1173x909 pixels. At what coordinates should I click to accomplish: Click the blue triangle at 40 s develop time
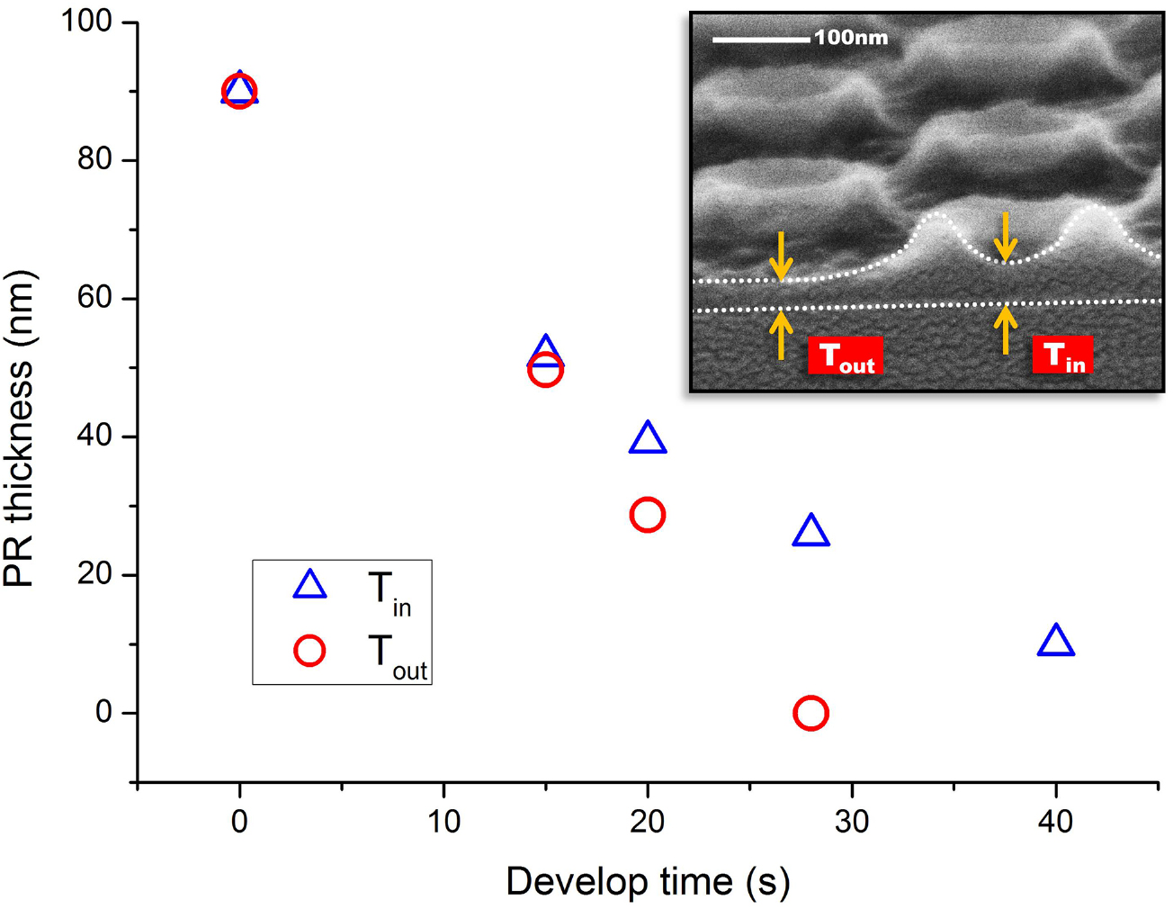(1055, 642)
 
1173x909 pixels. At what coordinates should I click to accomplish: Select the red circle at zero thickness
(810, 713)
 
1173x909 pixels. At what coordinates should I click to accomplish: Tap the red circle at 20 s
(648, 515)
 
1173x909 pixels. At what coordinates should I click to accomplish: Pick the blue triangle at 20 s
(648, 439)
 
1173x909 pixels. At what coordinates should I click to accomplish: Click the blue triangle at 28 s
(810, 532)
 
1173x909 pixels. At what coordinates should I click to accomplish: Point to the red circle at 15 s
(545, 369)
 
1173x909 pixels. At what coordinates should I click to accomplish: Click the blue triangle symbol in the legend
(309, 586)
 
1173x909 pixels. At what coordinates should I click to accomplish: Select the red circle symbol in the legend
(309, 650)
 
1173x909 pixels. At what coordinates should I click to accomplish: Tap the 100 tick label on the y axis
(86, 21)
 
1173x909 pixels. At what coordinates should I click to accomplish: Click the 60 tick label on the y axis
(94, 298)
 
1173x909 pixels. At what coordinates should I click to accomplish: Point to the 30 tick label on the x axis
(851, 821)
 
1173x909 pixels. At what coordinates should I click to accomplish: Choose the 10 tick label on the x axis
(443, 821)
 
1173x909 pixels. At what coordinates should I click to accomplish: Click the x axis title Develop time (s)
(648, 881)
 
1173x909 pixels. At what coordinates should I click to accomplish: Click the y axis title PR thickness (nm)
(20, 428)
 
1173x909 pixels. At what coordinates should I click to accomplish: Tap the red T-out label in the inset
(845, 355)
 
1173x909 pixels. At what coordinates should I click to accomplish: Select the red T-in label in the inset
(1062, 355)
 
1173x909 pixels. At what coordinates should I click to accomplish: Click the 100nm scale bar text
(851, 38)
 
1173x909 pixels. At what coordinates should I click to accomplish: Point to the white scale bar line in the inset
(761, 40)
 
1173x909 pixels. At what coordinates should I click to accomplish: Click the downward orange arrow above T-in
(1005, 237)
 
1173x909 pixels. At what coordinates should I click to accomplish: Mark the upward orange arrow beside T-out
(781, 334)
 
